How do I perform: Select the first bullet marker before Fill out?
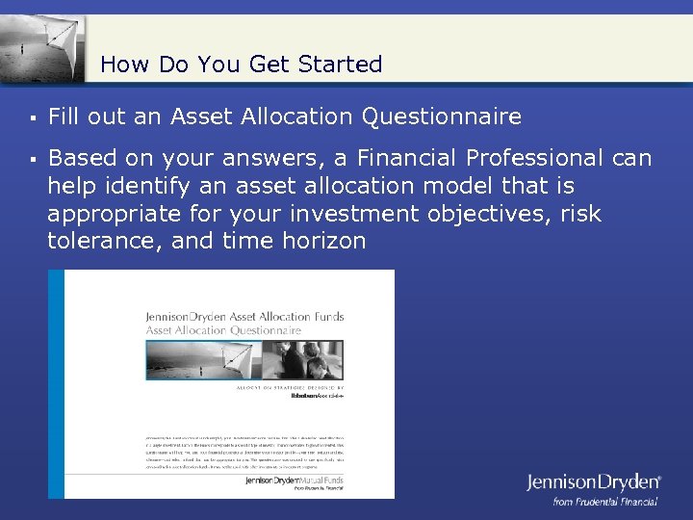(x=33, y=118)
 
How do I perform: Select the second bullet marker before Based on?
(x=33, y=159)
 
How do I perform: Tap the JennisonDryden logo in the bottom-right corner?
(x=593, y=482)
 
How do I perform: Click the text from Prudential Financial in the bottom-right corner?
(x=604, y=502)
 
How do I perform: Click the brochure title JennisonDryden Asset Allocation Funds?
(x=244, y=317)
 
